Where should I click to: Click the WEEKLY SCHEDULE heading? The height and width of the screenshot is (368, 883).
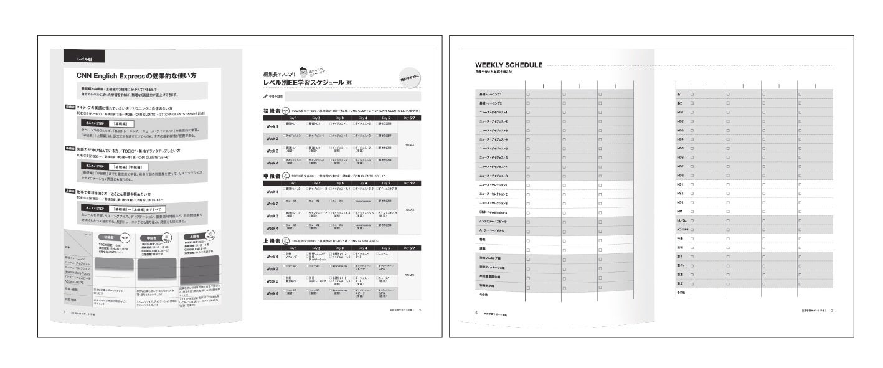tap(508, 65)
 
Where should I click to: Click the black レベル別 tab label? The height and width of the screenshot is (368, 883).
tap(84, 59)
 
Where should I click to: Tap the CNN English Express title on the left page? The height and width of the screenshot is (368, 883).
tap(136, 76)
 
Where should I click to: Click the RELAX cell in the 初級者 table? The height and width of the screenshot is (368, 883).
tap(409, 144)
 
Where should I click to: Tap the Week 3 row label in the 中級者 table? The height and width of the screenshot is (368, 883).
tap(273, 215)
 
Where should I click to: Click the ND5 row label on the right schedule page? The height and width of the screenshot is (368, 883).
tap(681, 148)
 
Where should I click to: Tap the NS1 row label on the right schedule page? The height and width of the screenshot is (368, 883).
tap(681, 184)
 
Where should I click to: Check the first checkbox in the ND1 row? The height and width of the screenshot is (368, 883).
tap(692, 112)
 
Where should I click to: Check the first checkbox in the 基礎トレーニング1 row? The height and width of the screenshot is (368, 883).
tap(528, 94)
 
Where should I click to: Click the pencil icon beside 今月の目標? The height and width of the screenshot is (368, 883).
tap(266, 97)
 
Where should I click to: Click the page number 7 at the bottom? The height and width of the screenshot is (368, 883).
tap(832, 310)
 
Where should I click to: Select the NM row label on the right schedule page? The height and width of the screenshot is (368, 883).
tap(680, 211)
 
